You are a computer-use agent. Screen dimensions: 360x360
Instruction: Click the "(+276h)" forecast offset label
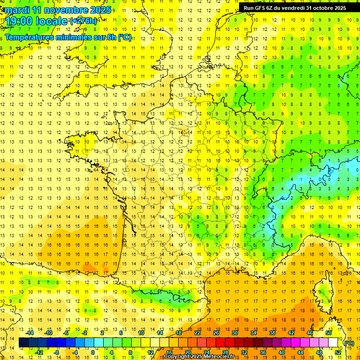[83, 21]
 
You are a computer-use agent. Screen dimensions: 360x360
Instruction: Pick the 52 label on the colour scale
[338, 352]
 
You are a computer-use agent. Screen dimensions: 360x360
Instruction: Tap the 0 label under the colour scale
[93, 352]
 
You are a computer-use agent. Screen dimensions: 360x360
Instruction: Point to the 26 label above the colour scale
[216, 333]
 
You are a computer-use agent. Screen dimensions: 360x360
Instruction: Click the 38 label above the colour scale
[272, 333]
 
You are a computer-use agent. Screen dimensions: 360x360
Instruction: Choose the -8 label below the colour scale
[57, 352]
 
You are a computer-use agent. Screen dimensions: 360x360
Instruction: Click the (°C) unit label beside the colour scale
[349, 343]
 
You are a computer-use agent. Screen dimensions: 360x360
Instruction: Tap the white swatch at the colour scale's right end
[333, 343]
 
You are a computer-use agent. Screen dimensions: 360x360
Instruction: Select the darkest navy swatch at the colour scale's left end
[23, 343]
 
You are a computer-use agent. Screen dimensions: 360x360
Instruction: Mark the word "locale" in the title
[51, 21]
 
